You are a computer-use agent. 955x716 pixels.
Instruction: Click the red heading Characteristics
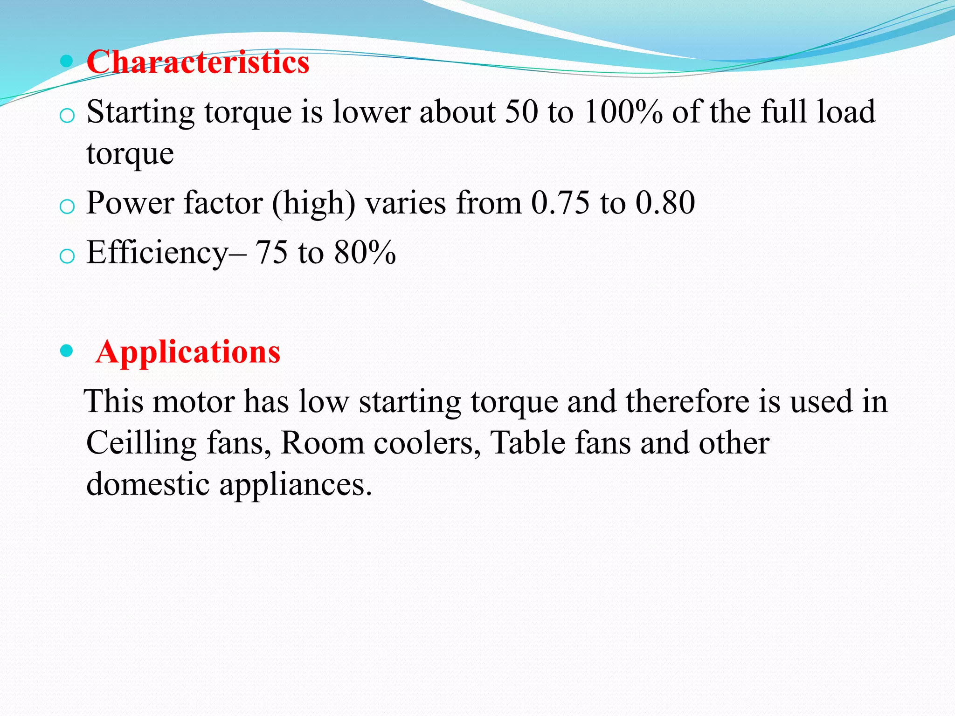pos(198,62)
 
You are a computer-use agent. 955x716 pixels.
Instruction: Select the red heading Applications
pos(188,351)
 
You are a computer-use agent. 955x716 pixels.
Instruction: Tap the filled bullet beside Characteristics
pos(67,61)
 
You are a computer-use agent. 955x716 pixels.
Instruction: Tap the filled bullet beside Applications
pos(67,351)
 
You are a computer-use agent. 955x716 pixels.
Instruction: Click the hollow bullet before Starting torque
pos(67,115)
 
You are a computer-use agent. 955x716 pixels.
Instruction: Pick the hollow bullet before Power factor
pos(67,206)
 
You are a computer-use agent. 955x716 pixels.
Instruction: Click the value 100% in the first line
pos(623,112)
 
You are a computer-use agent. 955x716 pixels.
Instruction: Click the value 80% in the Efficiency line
pos(365,253)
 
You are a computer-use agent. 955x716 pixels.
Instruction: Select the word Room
pos(322,443)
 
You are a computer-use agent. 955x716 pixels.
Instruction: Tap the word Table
pos(528,443)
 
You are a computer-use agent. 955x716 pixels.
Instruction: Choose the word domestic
pos(148,484)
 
